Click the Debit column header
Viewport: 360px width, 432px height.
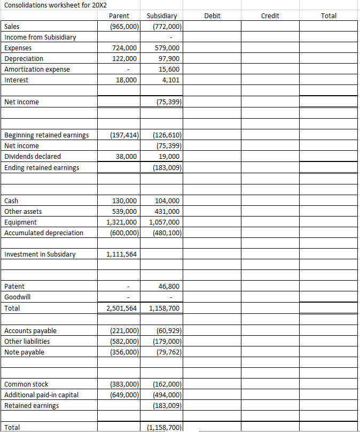click(x=212, y=16)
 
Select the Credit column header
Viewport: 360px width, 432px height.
click(x=270, y=16)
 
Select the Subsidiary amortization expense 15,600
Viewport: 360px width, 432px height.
click(x=169, y=70)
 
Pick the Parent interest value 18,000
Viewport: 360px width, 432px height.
click(x=126, y=80)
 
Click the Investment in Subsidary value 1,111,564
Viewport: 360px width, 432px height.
click(x=122, y=254)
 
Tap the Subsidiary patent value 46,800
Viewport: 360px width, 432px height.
click(x=169, y=287)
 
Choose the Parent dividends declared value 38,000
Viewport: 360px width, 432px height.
click(x=126, y=157)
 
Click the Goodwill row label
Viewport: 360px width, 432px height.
click(x=18, y=297)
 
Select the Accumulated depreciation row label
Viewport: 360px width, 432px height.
click(x=44, y=233)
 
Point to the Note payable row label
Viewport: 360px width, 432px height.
click(x=24, y=352)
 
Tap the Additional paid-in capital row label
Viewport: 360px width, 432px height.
click(x=41, y=395)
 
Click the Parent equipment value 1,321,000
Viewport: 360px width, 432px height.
click(x=122, y=222)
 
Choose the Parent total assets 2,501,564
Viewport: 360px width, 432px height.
click(x=122, y=308)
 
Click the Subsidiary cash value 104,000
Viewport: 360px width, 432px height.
click(x=167, y=201)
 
